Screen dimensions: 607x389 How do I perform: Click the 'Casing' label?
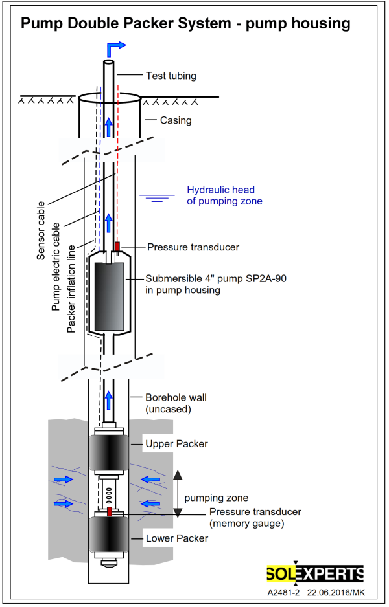(x=176, y=120)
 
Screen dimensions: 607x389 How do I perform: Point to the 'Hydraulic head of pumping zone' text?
(x=220, y=195)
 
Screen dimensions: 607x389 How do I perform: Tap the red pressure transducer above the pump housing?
(x=117, y=246)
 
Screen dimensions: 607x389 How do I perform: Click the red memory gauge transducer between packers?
(x=109, y=512)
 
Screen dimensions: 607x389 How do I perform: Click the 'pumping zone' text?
(x=216, y=498)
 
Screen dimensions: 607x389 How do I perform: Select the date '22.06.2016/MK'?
(x=335, y=592)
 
